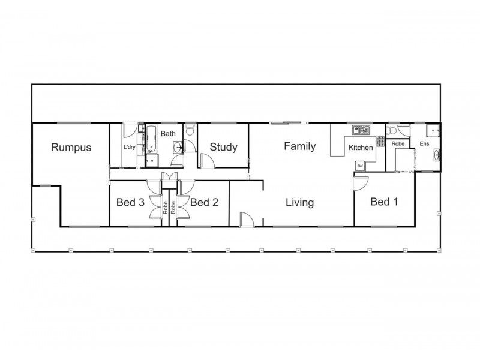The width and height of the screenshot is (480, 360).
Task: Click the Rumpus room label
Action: point(71,147)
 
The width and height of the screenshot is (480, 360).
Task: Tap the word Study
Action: point(223,147)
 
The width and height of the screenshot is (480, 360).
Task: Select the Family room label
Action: point(299,146)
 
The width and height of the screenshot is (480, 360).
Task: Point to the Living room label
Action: point(299,202)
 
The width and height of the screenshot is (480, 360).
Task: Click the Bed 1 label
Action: point(384,202)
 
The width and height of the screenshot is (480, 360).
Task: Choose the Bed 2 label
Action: point(203,202)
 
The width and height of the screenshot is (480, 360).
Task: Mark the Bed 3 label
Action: point(130,202)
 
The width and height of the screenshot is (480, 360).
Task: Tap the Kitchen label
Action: point(361,148)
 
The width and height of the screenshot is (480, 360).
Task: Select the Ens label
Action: point(424,144)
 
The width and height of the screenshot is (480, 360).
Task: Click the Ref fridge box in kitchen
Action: point(361,166)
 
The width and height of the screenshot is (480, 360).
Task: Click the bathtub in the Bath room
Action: point(151,139)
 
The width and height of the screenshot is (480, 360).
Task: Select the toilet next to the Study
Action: point(190,129)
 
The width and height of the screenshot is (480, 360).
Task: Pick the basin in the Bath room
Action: point(177,146)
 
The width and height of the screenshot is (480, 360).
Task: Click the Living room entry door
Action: point(246,220)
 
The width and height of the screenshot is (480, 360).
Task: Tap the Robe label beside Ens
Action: point(397,144)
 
